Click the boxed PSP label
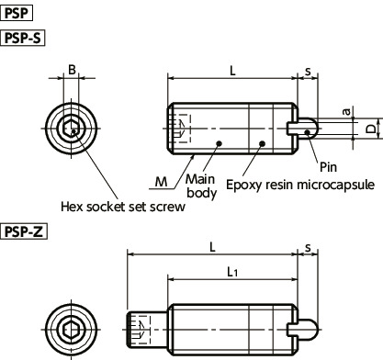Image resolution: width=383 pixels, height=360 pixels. (x=17, y=14)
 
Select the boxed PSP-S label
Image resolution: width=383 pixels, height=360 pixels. (x=23, y=38)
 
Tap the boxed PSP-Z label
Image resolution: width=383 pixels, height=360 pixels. (x=24, y=231)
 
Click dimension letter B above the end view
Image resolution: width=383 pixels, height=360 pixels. (x=72, y=70)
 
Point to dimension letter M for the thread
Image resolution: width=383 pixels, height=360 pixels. (x=162, y=182)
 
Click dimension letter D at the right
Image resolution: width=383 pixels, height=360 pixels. (x=371, y=129)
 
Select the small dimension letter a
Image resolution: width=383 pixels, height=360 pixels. (x=346, y=111)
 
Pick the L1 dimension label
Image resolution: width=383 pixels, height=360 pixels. (x=232, y=272)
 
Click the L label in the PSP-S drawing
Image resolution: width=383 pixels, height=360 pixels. (x=233, y=71)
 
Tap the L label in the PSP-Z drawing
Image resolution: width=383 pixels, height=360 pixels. (x=212, y=247)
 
